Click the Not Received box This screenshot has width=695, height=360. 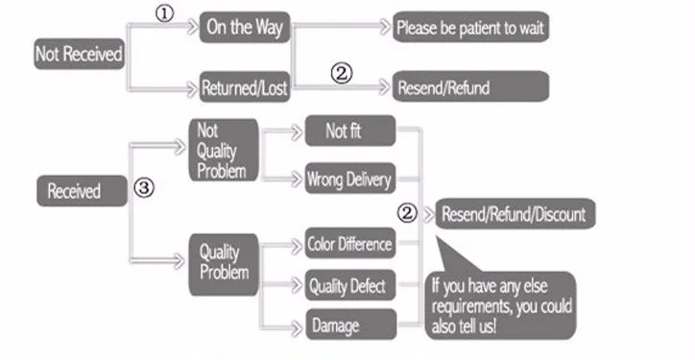[80, 54]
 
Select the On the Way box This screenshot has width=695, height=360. [243, 27]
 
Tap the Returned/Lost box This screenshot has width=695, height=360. [244, 88]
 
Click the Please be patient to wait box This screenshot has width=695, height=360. [470, 28]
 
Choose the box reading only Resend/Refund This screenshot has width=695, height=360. [470, 88]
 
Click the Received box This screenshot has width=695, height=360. [82, 190]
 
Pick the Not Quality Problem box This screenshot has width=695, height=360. [224, 150]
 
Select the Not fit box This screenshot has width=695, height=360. [348, 132]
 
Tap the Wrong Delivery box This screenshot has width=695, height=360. [348, 179]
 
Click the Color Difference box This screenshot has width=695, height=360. [349, 244]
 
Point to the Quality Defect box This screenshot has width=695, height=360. [349, 285]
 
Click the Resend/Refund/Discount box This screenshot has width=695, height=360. [514, 213]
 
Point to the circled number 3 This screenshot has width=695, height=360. [143, 189]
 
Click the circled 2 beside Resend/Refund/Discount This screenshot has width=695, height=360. [408, 213]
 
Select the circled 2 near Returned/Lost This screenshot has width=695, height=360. [343, 72]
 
